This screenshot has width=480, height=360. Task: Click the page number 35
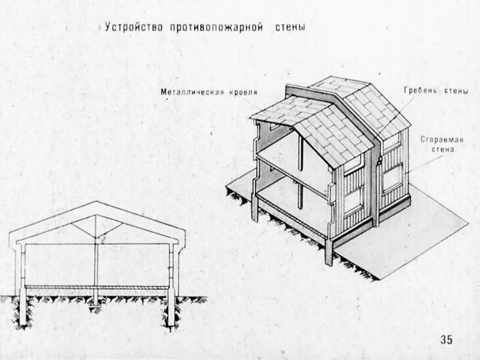point(446,340)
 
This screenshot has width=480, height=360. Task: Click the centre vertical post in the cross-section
point(97,263)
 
